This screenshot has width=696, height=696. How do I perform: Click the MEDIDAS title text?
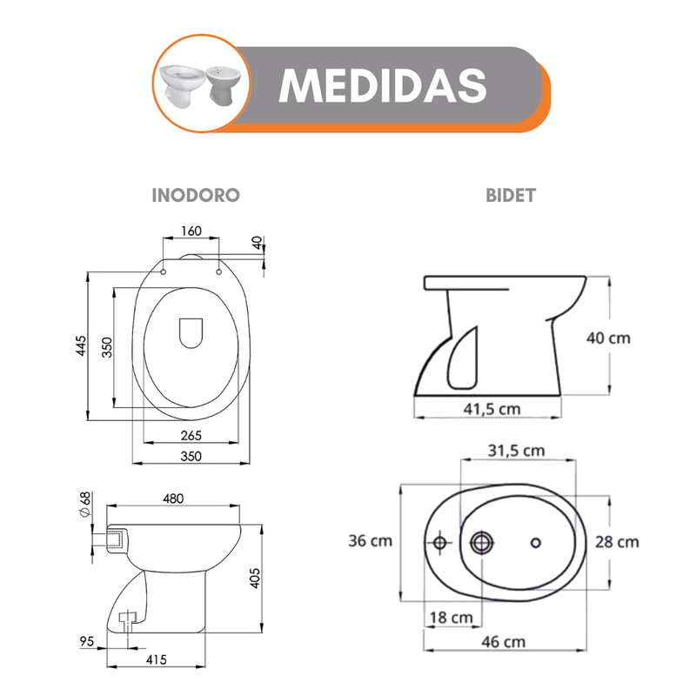pos(383,86)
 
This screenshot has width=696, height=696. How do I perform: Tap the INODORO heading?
pos(196,195)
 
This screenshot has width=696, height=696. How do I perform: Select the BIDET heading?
pos(511,195)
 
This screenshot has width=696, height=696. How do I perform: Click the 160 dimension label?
pos(191,231)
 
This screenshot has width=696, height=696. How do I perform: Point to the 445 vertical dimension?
pos(81,345)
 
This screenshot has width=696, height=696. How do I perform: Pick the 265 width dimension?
pos(191,436)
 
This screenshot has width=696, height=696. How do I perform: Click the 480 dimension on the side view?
pos(173,499)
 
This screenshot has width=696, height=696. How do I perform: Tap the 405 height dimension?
pos(255,578)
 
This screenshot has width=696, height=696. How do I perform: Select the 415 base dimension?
pos(157,659)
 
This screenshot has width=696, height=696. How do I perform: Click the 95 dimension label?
pos(87,641)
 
